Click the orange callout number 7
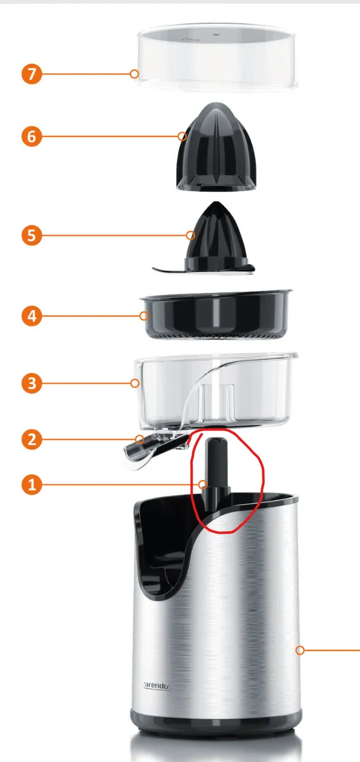tap(32, 74)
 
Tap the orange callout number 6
tap(32, 136)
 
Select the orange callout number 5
tap(32, 236)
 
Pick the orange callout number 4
tap(32, 315)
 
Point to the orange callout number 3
tap(32, 383)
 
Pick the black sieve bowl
tap(215, 314)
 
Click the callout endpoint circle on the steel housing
tap(300, 650)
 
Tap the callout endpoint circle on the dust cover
tap(134, 74)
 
